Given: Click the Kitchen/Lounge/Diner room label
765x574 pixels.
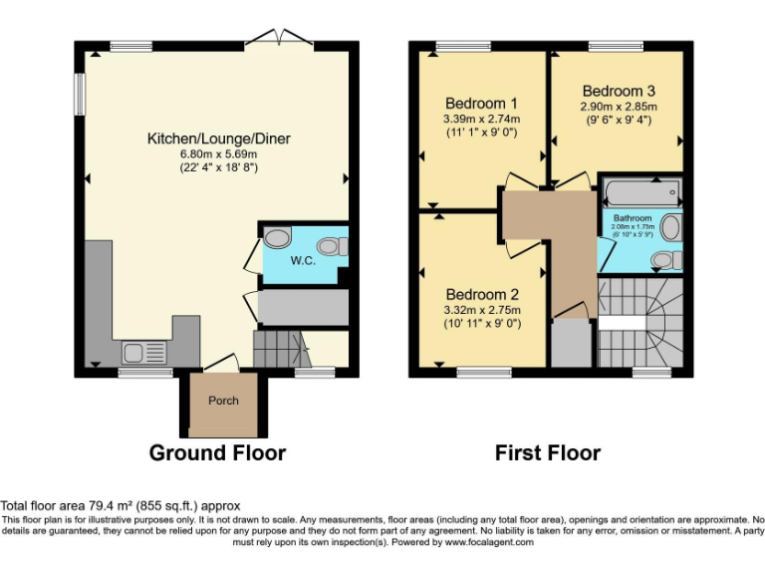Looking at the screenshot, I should [x=218, y=139].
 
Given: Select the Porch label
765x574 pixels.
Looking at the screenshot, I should [x=223, y=401].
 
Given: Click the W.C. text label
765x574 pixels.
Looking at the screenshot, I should [x=303, y=262].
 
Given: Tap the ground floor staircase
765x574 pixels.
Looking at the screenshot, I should [x=281, y=350].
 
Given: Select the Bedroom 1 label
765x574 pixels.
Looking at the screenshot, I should [x=481, y=103].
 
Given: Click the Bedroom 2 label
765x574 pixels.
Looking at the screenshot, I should [x=482, y=294].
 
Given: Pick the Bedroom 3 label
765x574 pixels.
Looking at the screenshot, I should [x=619, y=89].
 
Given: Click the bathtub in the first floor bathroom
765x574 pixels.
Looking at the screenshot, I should [x=640, y=191].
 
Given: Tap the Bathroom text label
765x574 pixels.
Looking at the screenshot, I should [x=633, y=218].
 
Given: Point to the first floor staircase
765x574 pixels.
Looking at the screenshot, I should [x=637, y=319].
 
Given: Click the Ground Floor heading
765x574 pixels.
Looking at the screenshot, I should [x=217, y=453].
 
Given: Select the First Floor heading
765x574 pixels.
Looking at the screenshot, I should [x=548, y=453].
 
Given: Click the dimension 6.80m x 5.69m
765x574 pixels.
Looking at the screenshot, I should [x=218, y=153].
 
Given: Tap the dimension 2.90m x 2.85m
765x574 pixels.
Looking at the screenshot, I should [x=619, y=106].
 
